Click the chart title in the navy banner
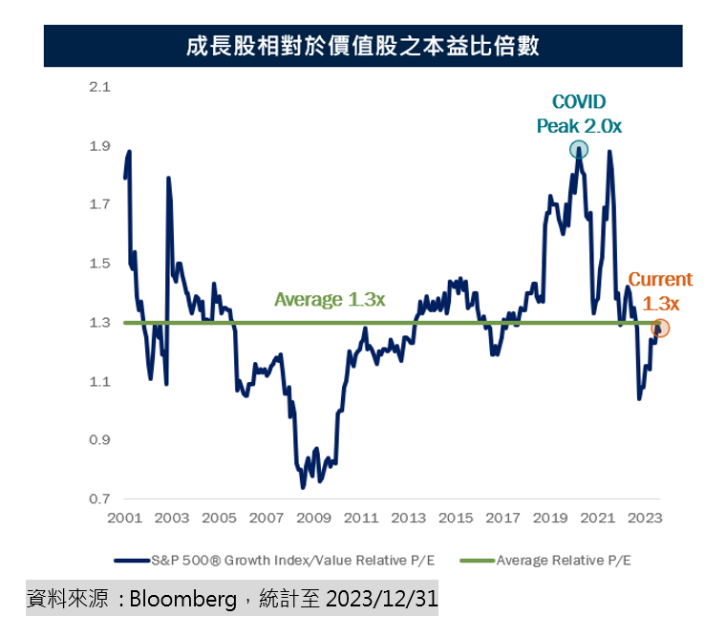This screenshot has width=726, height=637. [x=363, y=45]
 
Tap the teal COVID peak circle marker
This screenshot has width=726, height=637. [x=579, y=149]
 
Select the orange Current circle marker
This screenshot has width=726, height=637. [x=660, y=328]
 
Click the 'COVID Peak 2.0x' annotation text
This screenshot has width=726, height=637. [x=579, y=114]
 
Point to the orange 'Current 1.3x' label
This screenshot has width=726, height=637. [x=660, y=291]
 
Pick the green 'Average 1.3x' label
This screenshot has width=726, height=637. [x=330, y=300]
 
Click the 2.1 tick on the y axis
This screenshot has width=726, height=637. [x=99, y=87]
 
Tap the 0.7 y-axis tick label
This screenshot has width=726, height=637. [x=99, y=499]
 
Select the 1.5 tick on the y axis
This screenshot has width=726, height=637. [x=99, y=264]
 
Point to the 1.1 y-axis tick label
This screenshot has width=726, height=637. [x=99, y=382]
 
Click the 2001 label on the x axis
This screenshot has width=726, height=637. [x=125, y=519]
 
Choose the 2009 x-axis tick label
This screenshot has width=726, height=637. [x=314, y=519]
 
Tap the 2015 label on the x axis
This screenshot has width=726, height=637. [x=456, y=519]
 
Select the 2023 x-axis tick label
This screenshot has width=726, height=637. [x=645, y=519]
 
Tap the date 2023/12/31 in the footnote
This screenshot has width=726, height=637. [x=382, y=600]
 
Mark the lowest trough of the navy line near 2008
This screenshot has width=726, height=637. [x=303, y=487]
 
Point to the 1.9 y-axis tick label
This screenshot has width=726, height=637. [x=99, y=146]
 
